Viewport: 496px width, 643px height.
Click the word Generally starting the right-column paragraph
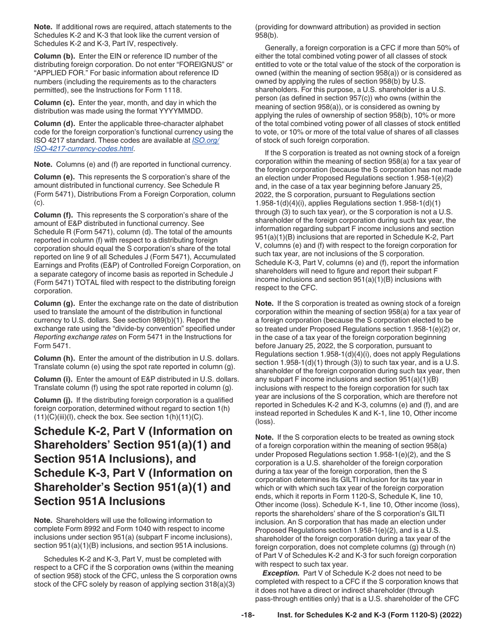[x=282, y=48]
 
